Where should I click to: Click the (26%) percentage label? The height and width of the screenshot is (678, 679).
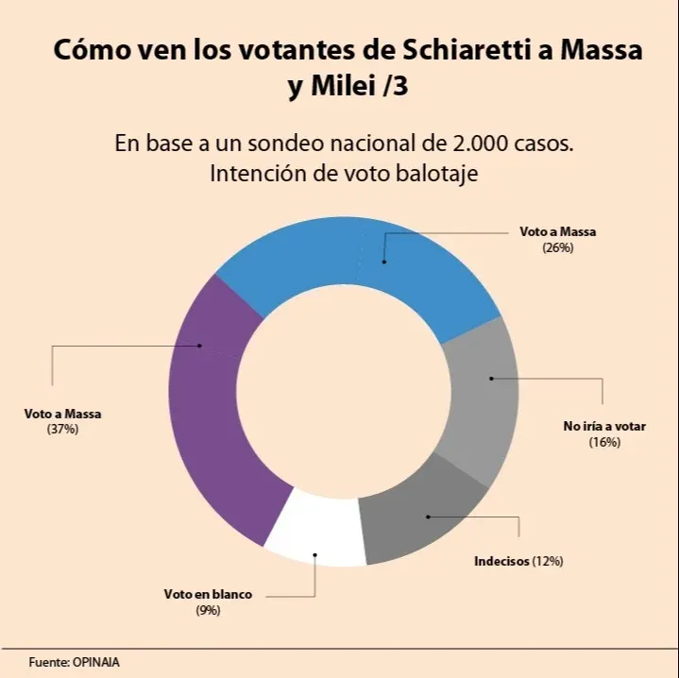558,247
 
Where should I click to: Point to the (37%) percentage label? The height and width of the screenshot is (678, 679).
62,429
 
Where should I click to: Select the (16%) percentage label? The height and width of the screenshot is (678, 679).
604,442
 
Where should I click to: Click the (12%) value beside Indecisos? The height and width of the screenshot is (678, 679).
548,561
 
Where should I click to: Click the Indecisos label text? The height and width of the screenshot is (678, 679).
501,561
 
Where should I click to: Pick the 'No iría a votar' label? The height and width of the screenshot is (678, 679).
604,427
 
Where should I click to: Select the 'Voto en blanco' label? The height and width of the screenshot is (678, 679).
208,595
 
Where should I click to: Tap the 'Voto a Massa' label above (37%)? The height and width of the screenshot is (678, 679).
62,414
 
